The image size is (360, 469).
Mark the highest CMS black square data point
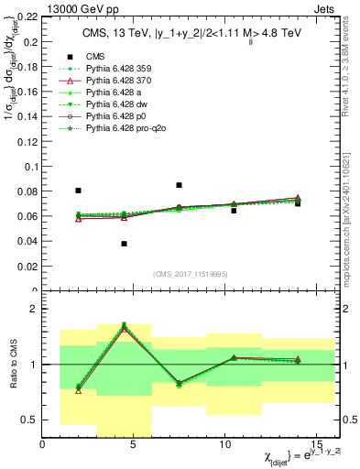coord(179,185)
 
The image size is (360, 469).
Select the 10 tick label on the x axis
coord(224,443)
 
